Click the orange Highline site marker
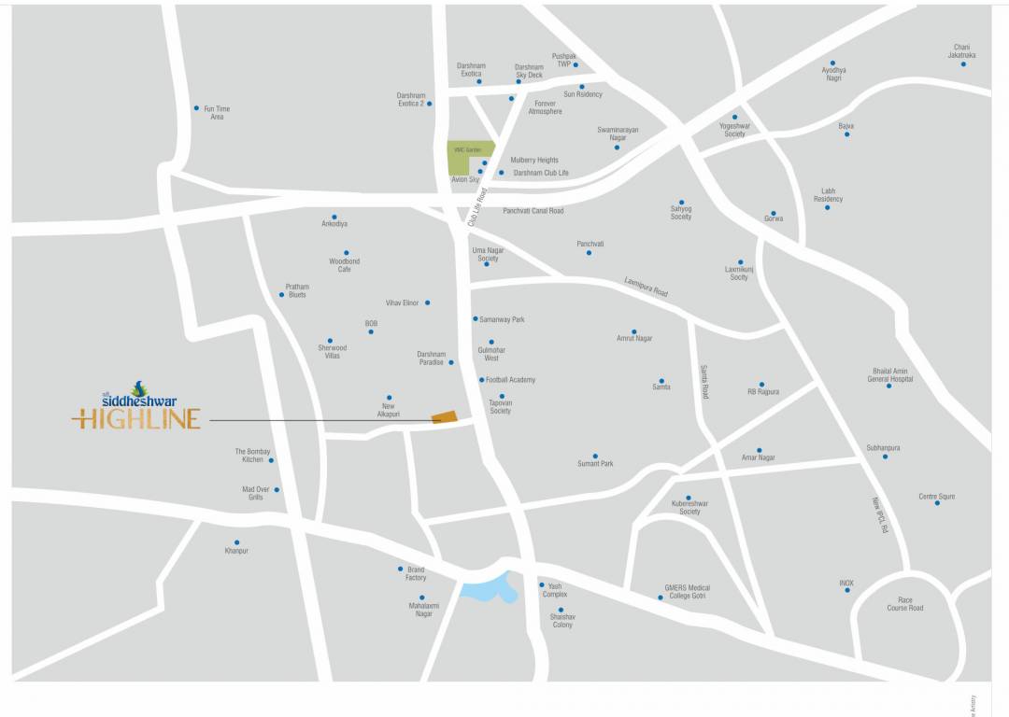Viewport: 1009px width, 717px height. point(445,416)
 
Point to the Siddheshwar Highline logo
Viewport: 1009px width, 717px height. point(137,406)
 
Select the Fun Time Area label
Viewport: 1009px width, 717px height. point(217,113)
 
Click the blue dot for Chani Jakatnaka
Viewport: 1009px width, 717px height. point(963,63)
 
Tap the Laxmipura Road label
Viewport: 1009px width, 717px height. point(647,287)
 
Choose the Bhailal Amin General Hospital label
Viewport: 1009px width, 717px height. point(889,375)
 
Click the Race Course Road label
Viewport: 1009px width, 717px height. point(904,604)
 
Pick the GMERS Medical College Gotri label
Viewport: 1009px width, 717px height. point(687,592)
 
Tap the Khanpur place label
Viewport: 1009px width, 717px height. point(236,551)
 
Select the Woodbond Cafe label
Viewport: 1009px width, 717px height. point(345,265)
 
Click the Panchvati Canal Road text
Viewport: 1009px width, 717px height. point(533,211)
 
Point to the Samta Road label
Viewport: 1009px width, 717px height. point(704,382)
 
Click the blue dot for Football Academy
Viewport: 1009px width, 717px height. point(482,380)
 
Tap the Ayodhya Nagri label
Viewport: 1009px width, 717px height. point(832,74)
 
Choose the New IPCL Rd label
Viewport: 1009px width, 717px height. point(879,515)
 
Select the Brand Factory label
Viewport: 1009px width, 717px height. point(416,573)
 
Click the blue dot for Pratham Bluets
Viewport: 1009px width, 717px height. point(281,295)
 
